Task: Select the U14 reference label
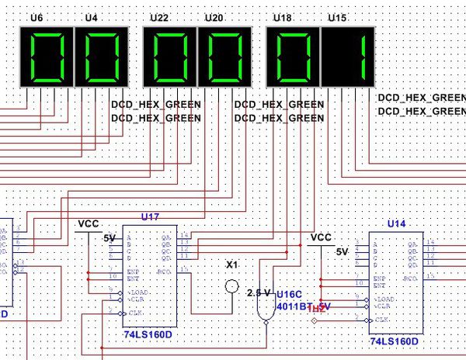(x=396, y=223)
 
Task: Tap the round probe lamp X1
(x=231, y=286)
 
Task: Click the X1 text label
(x=231, y=265)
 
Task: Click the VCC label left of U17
(x=89, y=223)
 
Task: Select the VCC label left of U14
(x=321, y=237)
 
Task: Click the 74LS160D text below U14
(x=395, y=341)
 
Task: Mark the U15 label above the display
(x=338, y=16)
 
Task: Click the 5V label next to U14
(x=342, y=252)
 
